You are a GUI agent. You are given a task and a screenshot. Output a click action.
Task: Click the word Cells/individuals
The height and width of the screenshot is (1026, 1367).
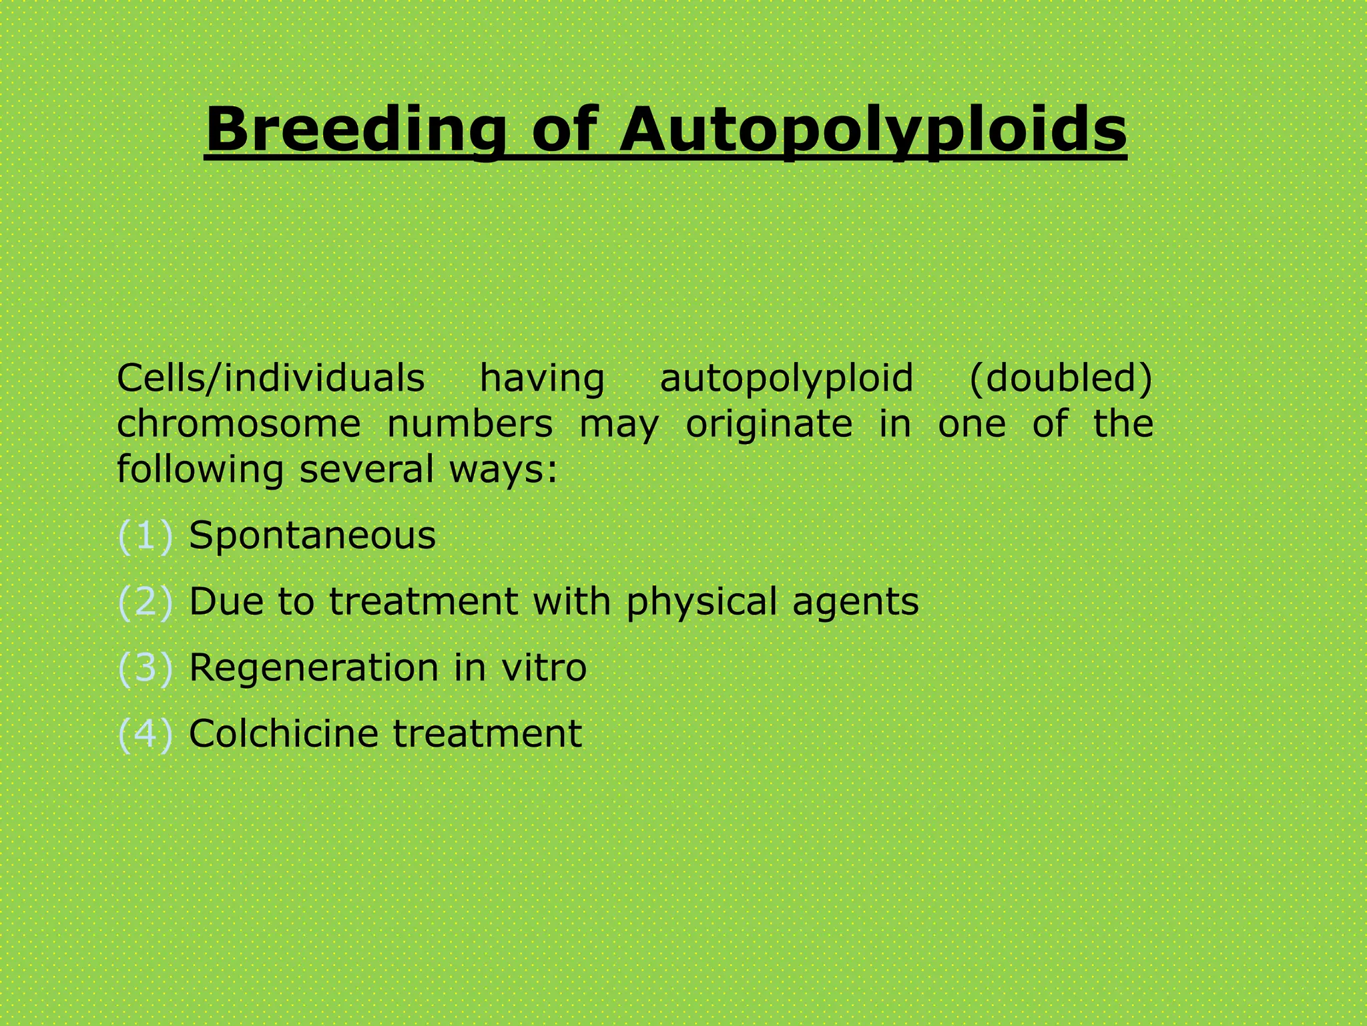pyautogui.click(x=270, y=378)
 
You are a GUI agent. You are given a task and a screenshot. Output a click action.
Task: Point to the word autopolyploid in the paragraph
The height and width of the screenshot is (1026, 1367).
pyautogui.click(x=786, y=379)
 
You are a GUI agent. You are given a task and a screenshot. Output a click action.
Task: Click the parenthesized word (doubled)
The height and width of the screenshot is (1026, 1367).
pyautogui.click(x=1061, y=378)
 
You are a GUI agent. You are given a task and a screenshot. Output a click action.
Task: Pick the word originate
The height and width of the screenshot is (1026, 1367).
pyautogui.click(x=769, y=425)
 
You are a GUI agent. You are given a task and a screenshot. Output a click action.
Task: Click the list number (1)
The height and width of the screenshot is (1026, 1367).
pyautogui.click(x=145, y=536)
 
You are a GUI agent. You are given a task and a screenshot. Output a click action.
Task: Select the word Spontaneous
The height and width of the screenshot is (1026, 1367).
pyautogui.click(x=312, y=536)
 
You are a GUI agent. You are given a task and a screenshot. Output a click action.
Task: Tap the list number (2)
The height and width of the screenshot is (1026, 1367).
pyautogui.click(x=145, y=601)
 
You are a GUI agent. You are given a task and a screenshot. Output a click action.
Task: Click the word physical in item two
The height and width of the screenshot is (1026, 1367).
pyautogui.click(x=702, y=603)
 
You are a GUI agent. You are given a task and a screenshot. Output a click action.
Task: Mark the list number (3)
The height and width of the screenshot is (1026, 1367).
pyautogui.click(x=145, y=667)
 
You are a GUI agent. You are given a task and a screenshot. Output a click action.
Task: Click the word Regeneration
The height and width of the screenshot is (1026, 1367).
pyautogui.click(x=313, y=668)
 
